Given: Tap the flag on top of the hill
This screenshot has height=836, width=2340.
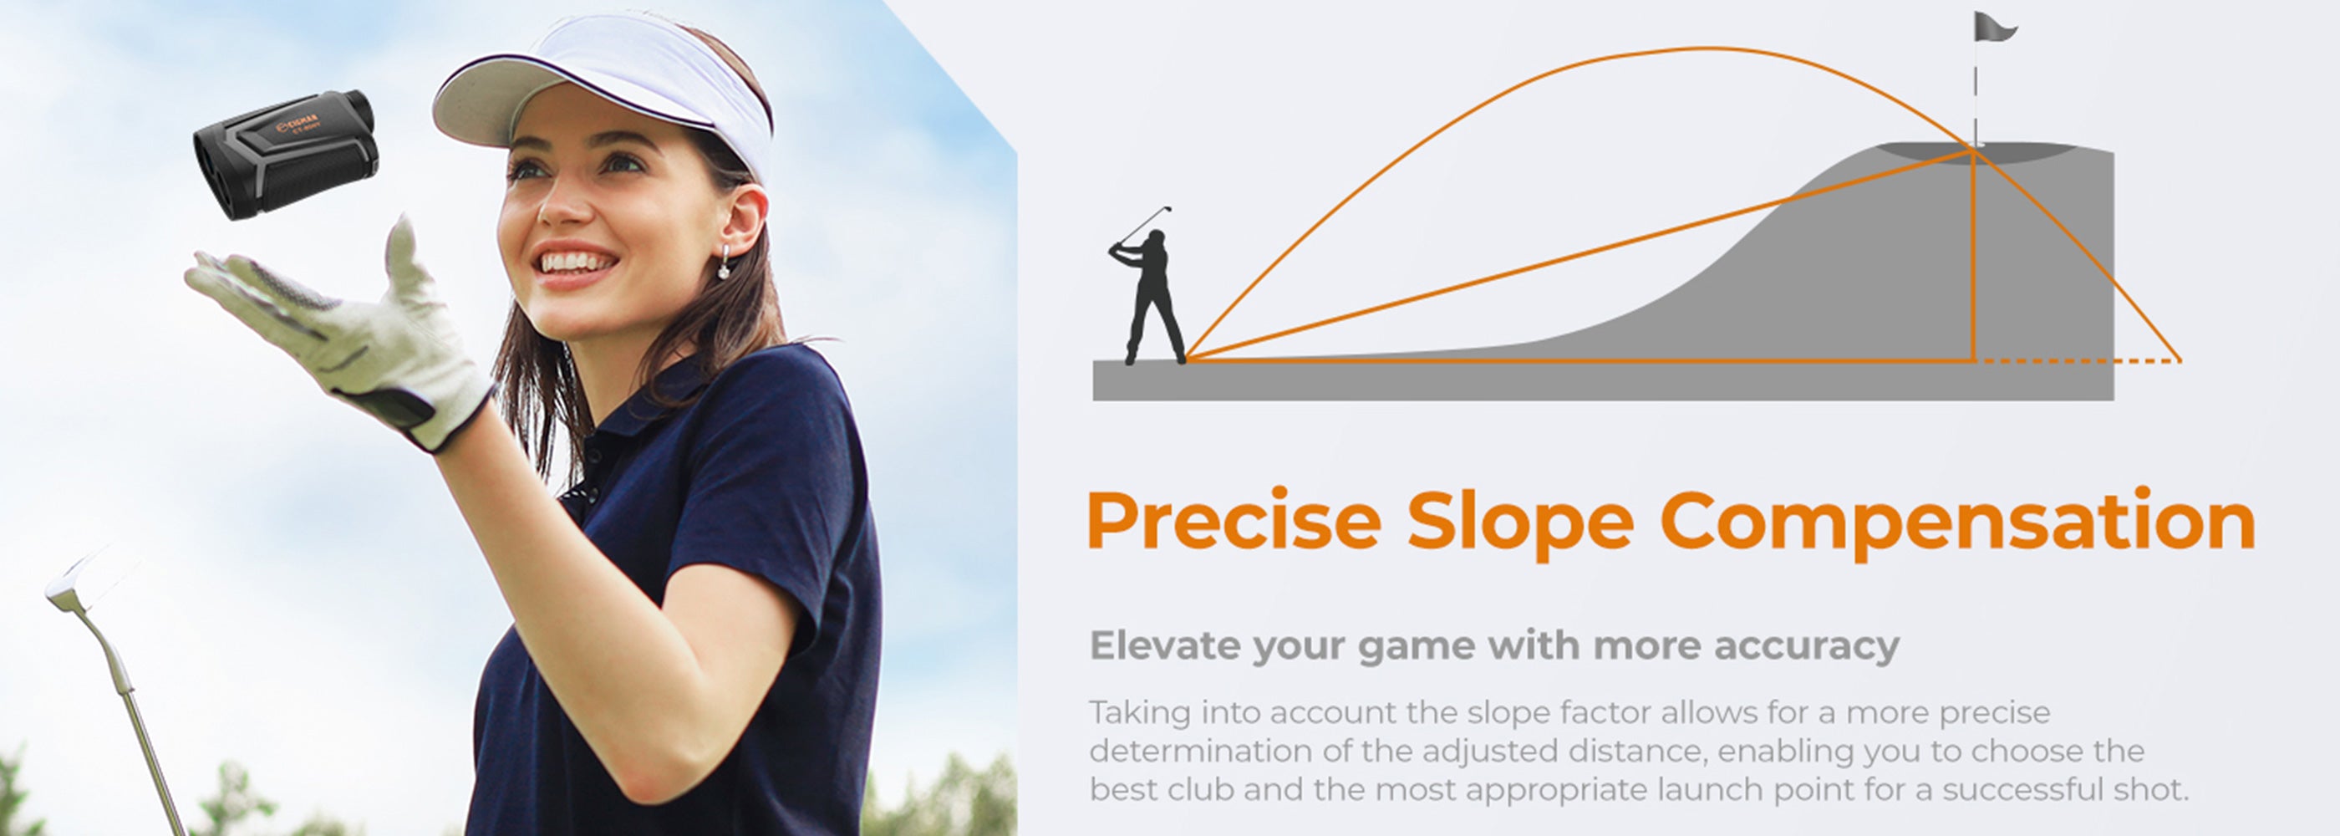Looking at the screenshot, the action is point(1993,28).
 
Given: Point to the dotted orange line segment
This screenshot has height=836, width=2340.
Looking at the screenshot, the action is point(2078,361).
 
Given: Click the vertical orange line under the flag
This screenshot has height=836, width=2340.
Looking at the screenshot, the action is point(1973,254).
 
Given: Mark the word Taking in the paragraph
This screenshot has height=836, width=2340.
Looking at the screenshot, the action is point(1140,714).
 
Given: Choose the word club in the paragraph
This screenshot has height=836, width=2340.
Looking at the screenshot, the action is point(1200,788).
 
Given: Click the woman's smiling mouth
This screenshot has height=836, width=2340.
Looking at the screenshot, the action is point(575,263).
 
